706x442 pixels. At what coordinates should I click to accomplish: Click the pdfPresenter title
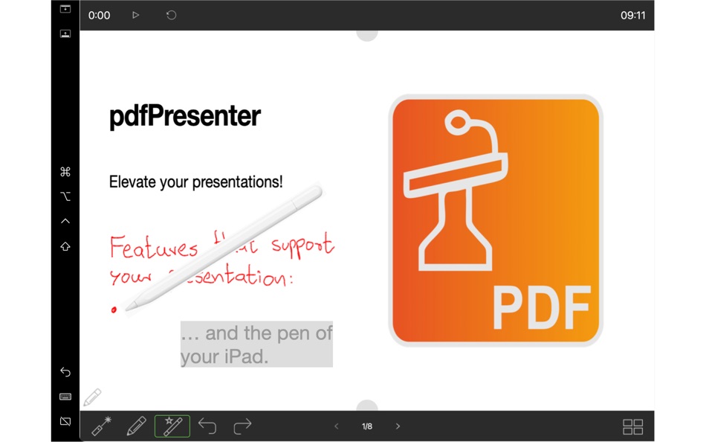pyautogui.click(x=184, y=117)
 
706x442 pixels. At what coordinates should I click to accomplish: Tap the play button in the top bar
pyautogui.click(x=135, y=15)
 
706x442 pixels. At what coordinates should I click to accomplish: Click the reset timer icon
pyautogui.click(x=171, y=15)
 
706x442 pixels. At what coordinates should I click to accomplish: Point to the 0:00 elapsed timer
pyautogui.click(x=99, y=15)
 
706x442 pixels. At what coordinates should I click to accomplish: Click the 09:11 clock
pyautogui.click(x=632, y=15)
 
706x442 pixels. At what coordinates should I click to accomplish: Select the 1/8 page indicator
pyautogui.click(x=367, y=426)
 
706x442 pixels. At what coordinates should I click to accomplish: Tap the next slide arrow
pyautogui.click(x=398, y=426)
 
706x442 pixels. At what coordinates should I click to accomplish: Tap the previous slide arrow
pyautogui.click(x=337, y=426)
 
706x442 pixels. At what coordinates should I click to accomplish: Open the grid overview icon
pyautogui.click(x=632, y=426)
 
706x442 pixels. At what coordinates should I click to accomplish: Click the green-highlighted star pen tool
pyautogui.click(x=172, y=426)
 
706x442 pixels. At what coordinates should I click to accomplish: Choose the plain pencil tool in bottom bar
pyautogui.click(x=136, y=426)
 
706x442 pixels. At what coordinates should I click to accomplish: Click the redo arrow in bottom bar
pyautogui.click(x=242, y=426)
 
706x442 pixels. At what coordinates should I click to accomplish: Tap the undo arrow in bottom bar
pyautogui.click(x=207, y=426)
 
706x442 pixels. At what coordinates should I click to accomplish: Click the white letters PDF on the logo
pyautogui.click(x=541, y=307)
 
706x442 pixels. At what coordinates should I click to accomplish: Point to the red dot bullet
pyautogui.click(x=114, y=310)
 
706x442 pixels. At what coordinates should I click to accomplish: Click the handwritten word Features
pyautogui.click(x=153, y=248)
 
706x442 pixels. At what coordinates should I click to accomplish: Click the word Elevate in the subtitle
pyautogui.click(x=132, y=182)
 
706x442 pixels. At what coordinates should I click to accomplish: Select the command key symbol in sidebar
pyautogui.click(x=65, y=172)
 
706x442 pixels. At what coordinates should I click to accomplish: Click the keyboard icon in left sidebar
pyautogui.click(x=65, y=397)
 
